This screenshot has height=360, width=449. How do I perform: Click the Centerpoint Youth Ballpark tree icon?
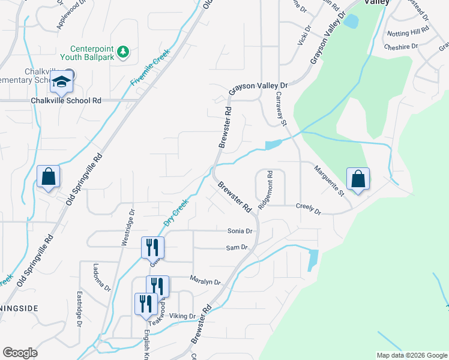[122, 52]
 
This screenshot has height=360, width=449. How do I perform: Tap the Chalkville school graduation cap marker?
[61, 83]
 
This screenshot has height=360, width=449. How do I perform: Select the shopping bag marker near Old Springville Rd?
[48, 177]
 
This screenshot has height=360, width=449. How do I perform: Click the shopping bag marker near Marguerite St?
[358, 179]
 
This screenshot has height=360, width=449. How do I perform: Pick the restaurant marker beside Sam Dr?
[152, 246]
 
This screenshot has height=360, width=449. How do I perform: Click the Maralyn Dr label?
[205, 281]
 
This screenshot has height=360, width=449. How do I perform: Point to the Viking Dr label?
[183, 316]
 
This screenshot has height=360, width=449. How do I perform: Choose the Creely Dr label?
[309, 209]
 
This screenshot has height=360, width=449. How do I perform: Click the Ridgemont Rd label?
[265, 191]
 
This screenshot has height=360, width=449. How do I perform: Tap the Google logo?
[20, 353]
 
